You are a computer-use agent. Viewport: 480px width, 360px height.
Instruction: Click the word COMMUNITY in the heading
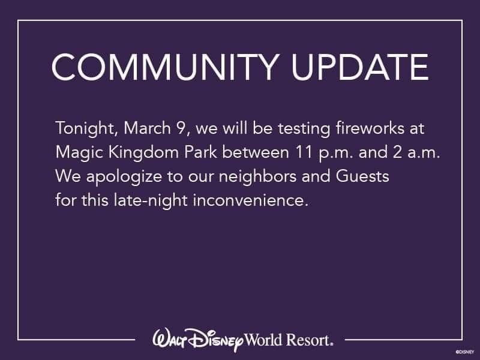[x=166, y=67]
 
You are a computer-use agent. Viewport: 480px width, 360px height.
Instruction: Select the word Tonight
[x=85, y=128]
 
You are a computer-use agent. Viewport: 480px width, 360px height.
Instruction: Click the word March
[x=147, y=128]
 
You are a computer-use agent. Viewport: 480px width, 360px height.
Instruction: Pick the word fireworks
[x=370, y=128]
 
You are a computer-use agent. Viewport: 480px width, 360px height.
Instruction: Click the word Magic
[x=79, y=153]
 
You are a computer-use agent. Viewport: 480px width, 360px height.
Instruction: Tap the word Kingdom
[x=143, y=153]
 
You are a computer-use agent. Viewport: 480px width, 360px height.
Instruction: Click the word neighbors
[x=258, y=177]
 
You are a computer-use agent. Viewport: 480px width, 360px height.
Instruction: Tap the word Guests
[x=362, y=176]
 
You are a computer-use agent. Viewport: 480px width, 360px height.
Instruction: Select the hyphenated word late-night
[x=151, y=201]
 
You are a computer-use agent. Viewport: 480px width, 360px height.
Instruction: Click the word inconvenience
[x=250, y=200]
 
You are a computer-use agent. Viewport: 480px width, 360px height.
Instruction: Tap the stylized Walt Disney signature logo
[x=198, y=340]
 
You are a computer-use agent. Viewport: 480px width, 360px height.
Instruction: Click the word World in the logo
[x=263, y=340]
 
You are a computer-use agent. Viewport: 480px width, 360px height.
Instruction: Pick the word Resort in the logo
[x=309, y=340]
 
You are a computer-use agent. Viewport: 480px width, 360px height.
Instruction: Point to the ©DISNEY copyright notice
[x=465, y=352]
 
